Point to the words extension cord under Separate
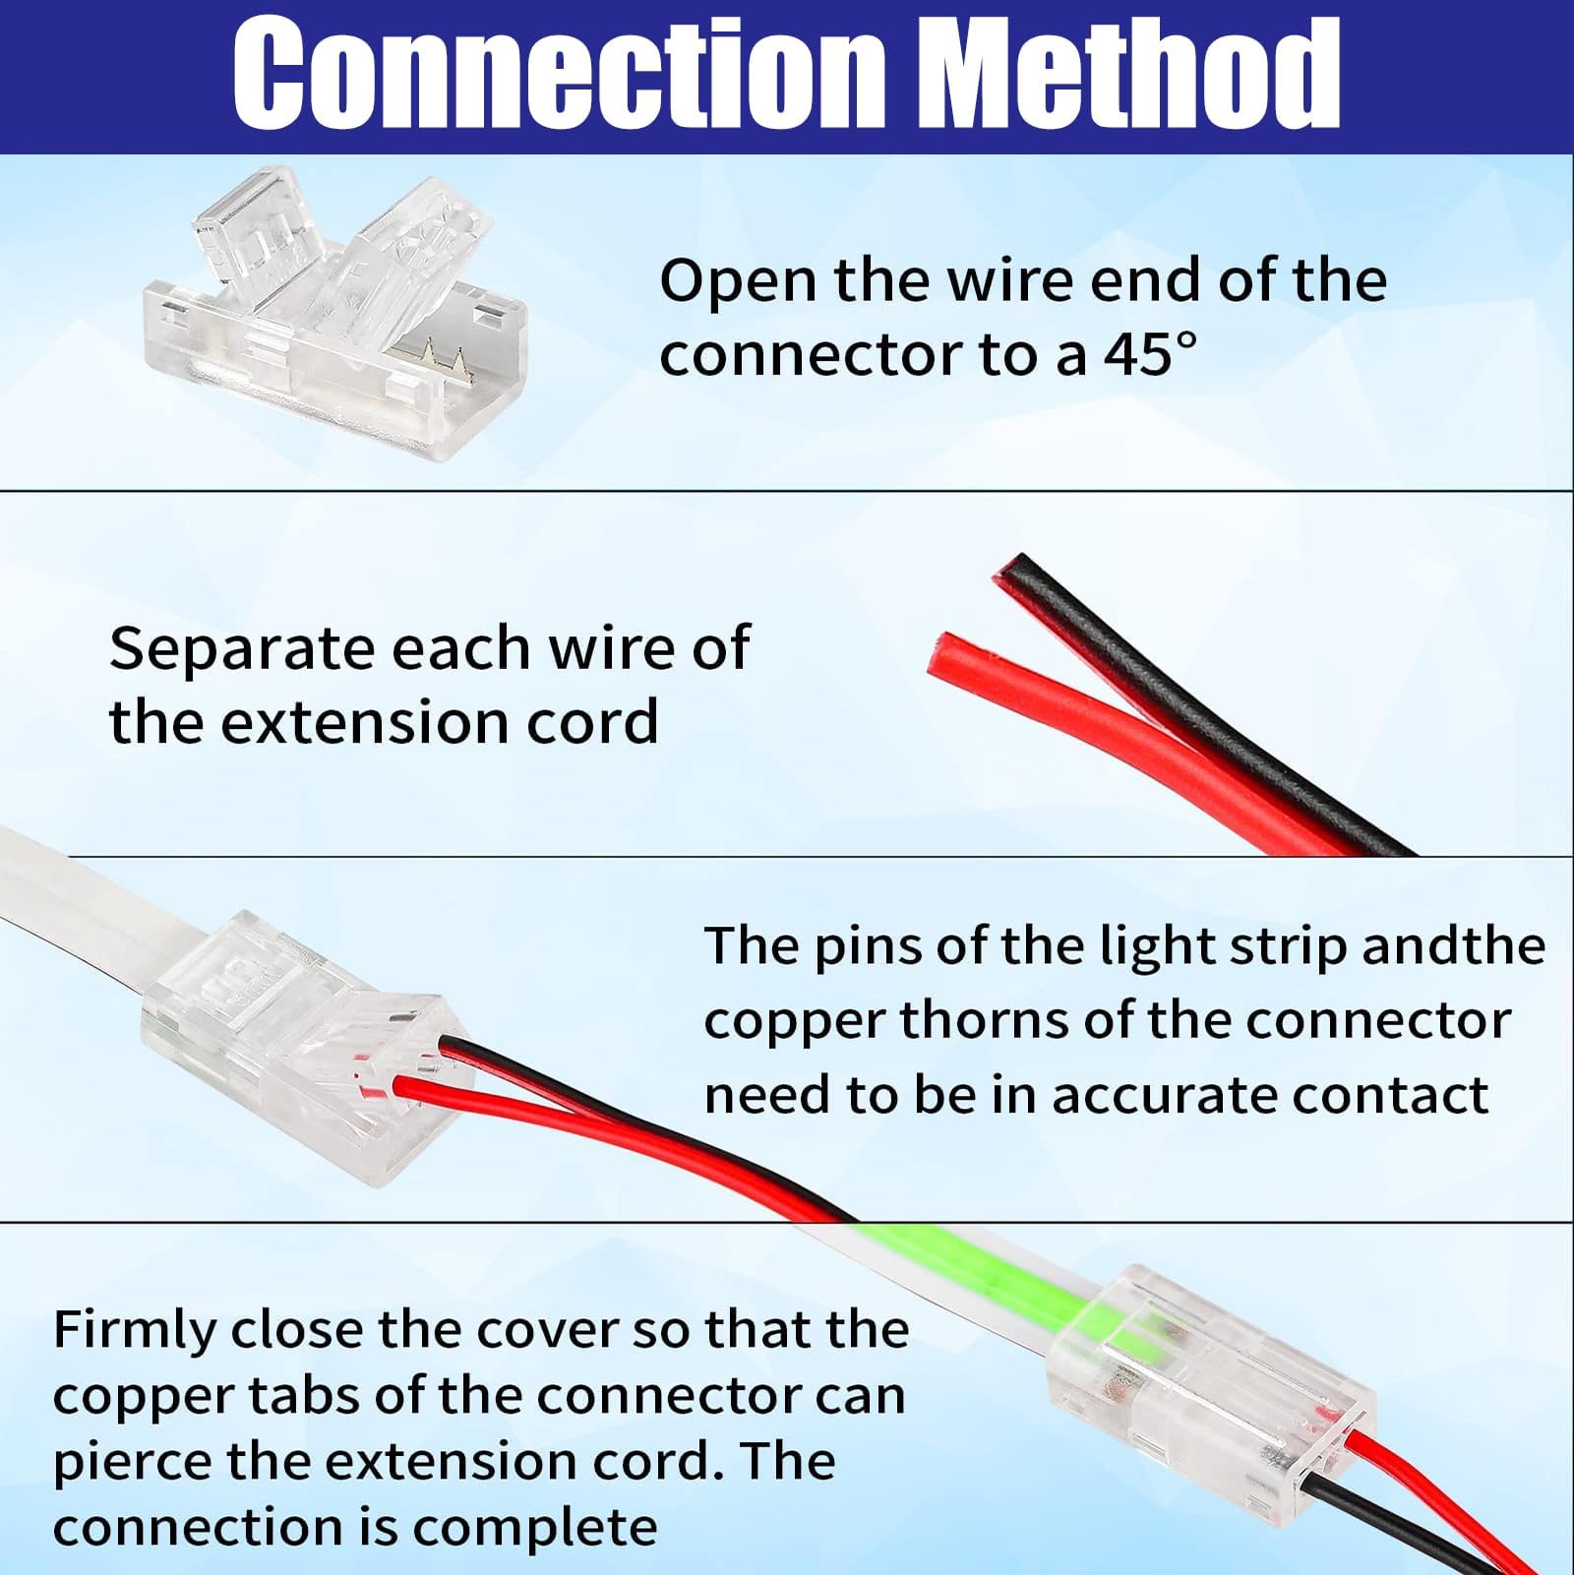[x=439, y=723]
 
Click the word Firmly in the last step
[x=135, y=1331]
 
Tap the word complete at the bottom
[x=534, y=1528]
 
